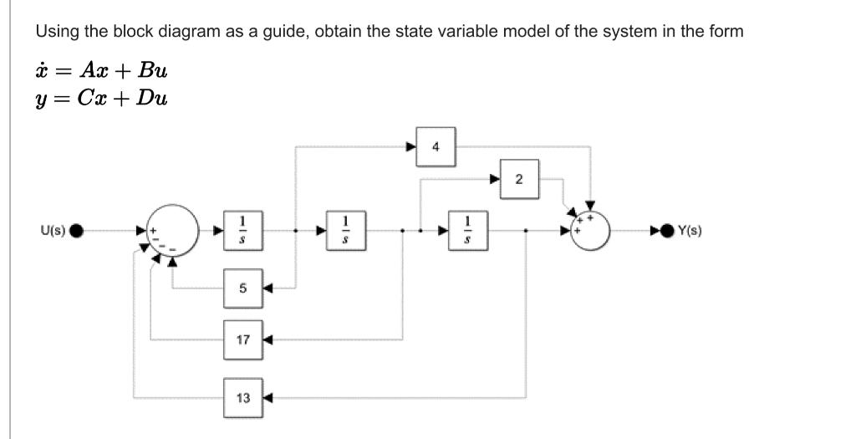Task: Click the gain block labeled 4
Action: pyautogui.click(x=435, y=147)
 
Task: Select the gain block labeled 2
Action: pyautogui.click(x=518, y=180)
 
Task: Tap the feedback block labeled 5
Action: pyautogui.click(x=242, y=288)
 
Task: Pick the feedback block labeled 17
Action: pyautogui.click(x=242, y=340)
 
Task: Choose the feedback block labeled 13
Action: pyautogui.click(x=242, y=397)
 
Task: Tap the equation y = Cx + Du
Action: pyautogui.click(x=101, y=99)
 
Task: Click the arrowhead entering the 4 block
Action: pyautogui.click(x=410, y=147)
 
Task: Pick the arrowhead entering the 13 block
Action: pyautogui.click(x=268, y=397)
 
